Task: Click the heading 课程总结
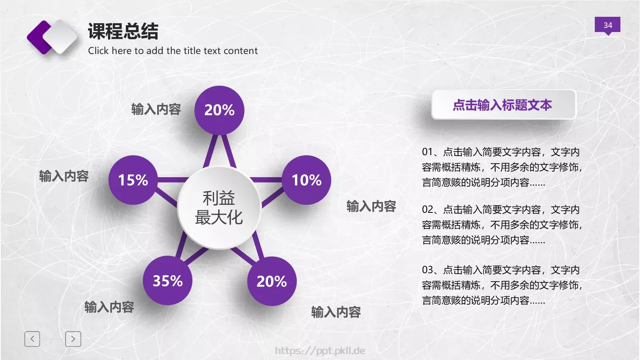[x=123, y=31]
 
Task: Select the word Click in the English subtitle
[x=98, y=51]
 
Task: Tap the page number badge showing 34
[x=607, y=25]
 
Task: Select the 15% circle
[x=133, y=180]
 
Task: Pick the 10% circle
[x=306, y=180]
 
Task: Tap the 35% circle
[x=168, y=281]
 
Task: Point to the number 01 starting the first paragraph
[x=427, y=152]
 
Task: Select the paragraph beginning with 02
[x=502, y=225]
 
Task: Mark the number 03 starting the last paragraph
[x=427, y=270]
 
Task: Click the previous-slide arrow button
[x=32, y=339]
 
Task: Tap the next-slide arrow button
[x=73, y=339]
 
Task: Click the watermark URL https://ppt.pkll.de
[x=320, y=351]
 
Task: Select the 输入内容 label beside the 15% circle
[x=64, y=176]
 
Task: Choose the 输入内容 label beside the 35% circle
[x=109, y=307]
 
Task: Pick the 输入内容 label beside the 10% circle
[x=371, y=206]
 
